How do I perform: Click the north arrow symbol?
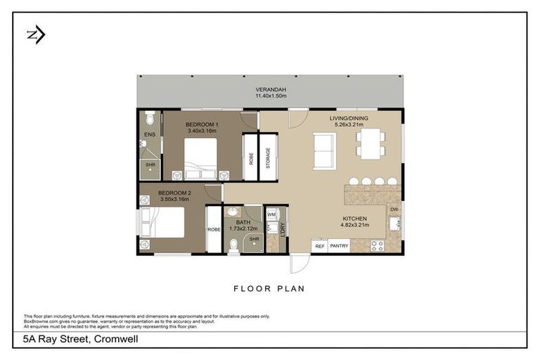pos(35,35)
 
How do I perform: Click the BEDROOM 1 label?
pos(202,124)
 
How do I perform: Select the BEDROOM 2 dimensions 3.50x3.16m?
pos(174,199)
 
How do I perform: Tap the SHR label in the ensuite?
pos(150,165)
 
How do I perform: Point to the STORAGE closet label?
pos(268,157)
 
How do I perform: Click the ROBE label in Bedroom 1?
pos(250,157)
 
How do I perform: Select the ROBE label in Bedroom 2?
pos(214,229)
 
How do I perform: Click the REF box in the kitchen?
pos(319,246)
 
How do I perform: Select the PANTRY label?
pos(339,246)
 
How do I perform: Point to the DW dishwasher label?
pos(394,209)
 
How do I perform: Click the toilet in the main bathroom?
pos(234,245)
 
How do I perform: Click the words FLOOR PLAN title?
pos(270,288)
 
